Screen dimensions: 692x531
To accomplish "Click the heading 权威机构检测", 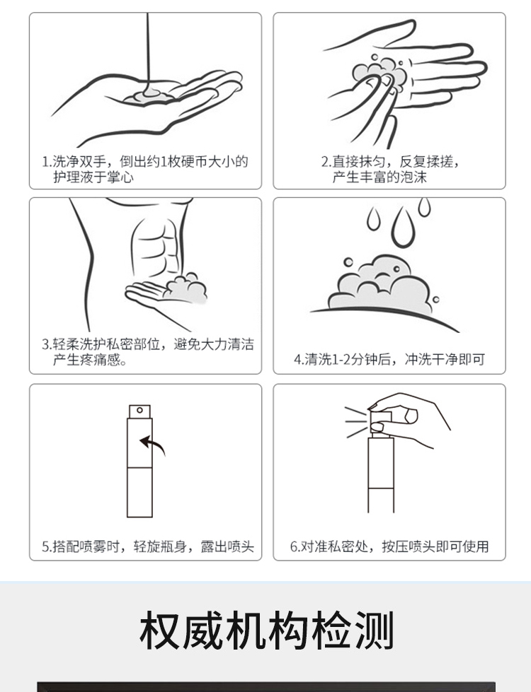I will click(x=265, y=631).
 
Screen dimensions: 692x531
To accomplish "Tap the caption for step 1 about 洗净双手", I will click(x=145, y=169).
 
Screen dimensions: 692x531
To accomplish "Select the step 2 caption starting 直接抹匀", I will click(x=389, y=169).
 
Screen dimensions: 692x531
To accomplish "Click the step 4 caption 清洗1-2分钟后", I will click(x=389, y=359).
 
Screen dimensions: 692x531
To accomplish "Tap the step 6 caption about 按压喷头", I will click(x=389, y=546).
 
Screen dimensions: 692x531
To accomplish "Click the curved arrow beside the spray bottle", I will click(x=152, y=445).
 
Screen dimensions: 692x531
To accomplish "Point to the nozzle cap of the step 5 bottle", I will click(x=139, y=411).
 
